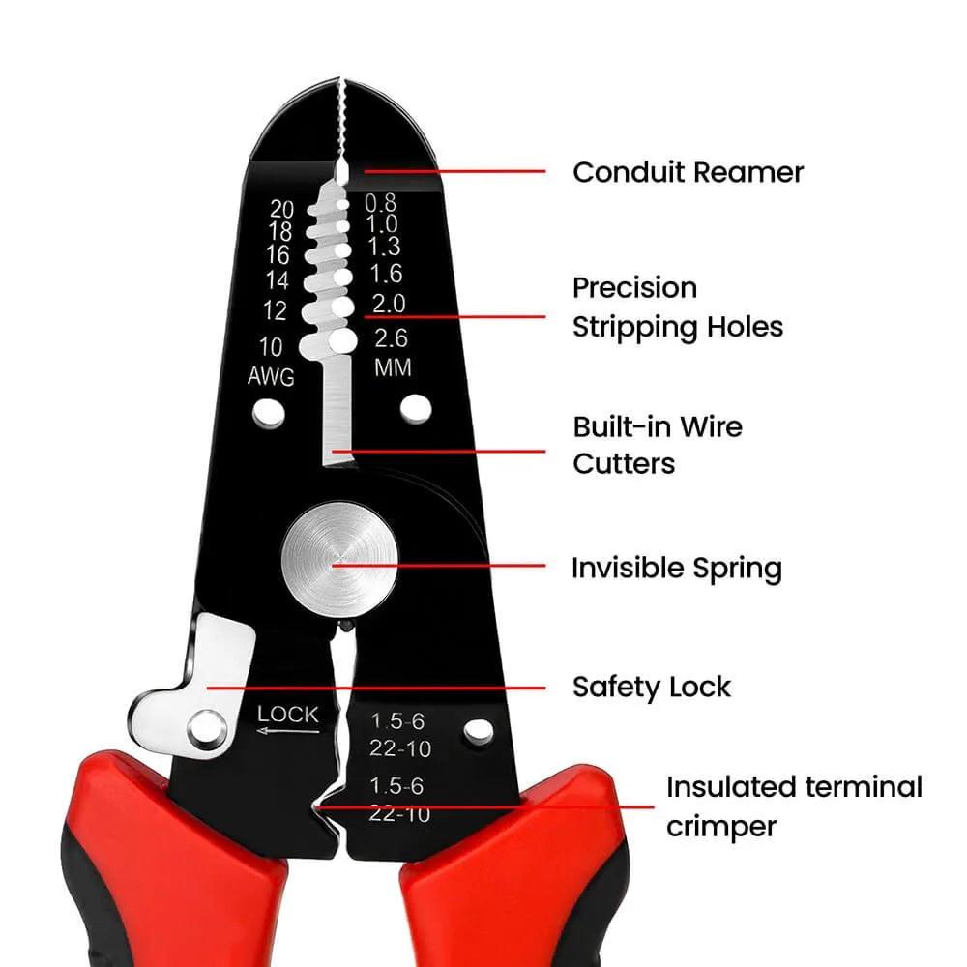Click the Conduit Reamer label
click(688, 173)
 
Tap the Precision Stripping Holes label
click(677, 308)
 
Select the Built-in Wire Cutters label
click(657, 445)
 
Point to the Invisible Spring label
click(676, 568)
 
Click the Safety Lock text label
click(651, 688)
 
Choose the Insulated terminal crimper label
click(793, 806)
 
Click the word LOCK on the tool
click(287, 715)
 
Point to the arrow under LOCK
click(286, 732)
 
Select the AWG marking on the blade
click(271, 376)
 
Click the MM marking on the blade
click(392, 368)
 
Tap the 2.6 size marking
click(391, 338)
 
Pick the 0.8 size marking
click(381, 202)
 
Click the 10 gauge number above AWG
click(271, 347)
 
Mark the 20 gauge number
click(281, 209)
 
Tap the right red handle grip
click(513, 861)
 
